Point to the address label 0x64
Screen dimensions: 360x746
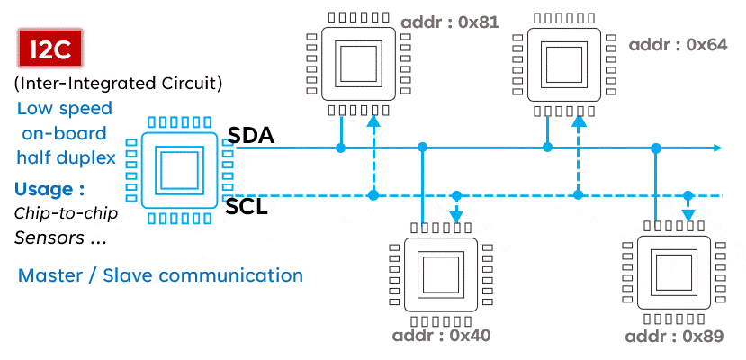tap(677, 44)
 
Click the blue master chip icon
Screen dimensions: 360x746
tap(177, 169)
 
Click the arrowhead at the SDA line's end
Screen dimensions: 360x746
tap(717, 148)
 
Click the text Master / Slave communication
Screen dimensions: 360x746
tap(160, 275)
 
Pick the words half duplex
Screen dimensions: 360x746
tap(65, 157)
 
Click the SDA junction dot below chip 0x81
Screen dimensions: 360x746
tap(341, 148)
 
